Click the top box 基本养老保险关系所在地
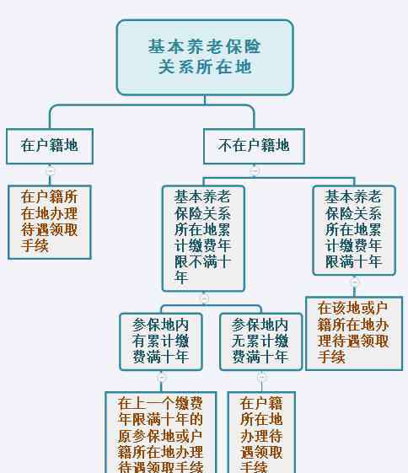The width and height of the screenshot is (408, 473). coord(205,57)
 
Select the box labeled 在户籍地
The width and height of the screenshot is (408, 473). coord(50,147)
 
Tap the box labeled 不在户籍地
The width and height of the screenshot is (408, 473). coord(254,147)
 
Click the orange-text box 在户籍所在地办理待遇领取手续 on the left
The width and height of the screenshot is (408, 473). coord(50,222)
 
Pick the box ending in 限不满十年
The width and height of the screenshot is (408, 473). coord(203,239)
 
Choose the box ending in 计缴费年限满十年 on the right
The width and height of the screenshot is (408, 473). coord(354,230)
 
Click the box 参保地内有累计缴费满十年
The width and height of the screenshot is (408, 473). coord(161,341)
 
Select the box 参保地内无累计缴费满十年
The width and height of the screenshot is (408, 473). coord(260,341)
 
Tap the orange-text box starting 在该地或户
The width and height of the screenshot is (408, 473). coord(354,333)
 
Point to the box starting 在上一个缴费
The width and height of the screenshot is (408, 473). coord(161,433)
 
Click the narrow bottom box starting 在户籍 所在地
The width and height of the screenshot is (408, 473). coord(261,433)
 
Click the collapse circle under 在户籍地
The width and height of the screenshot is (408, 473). coord(51,171)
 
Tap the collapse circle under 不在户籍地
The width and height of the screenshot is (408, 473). coord(255,171)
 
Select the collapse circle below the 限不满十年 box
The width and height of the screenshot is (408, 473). coord(204,298)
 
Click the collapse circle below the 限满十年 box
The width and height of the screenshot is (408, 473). coord(355,282)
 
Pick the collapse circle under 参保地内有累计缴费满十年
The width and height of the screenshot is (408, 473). coord(162,378)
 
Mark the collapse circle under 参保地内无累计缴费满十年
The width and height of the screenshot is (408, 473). coord(261,378)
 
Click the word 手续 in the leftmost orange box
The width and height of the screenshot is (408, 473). coord(35,245)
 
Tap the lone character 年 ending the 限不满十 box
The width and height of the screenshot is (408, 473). coord(181,277)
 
